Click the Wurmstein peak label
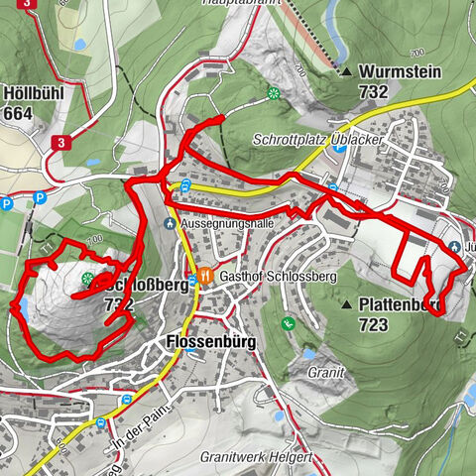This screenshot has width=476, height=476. point(400,71)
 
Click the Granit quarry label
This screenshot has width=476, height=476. point(325,372)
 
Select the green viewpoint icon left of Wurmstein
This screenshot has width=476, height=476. point(272,94)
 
